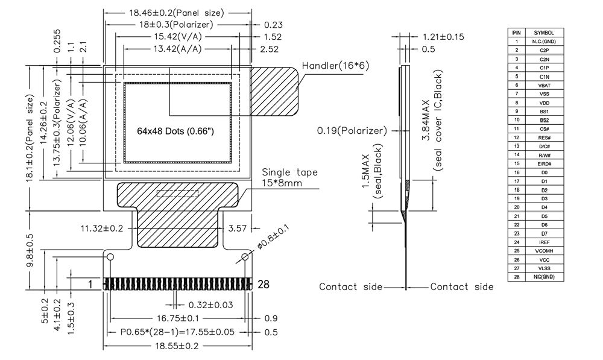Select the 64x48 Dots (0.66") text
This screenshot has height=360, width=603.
click(175, 131)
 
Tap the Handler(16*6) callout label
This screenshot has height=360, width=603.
click(335, 65)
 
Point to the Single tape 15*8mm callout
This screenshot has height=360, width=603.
click(289, 177)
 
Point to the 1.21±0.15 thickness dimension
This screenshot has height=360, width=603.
click(443, 37)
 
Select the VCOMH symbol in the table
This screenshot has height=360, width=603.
click(544, 250)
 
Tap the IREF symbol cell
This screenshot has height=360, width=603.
click(544, 242)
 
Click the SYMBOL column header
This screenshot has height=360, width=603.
click(544, 33)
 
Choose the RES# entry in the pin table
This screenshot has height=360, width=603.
click(544, 137)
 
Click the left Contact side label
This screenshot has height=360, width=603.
click(350, 287)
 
